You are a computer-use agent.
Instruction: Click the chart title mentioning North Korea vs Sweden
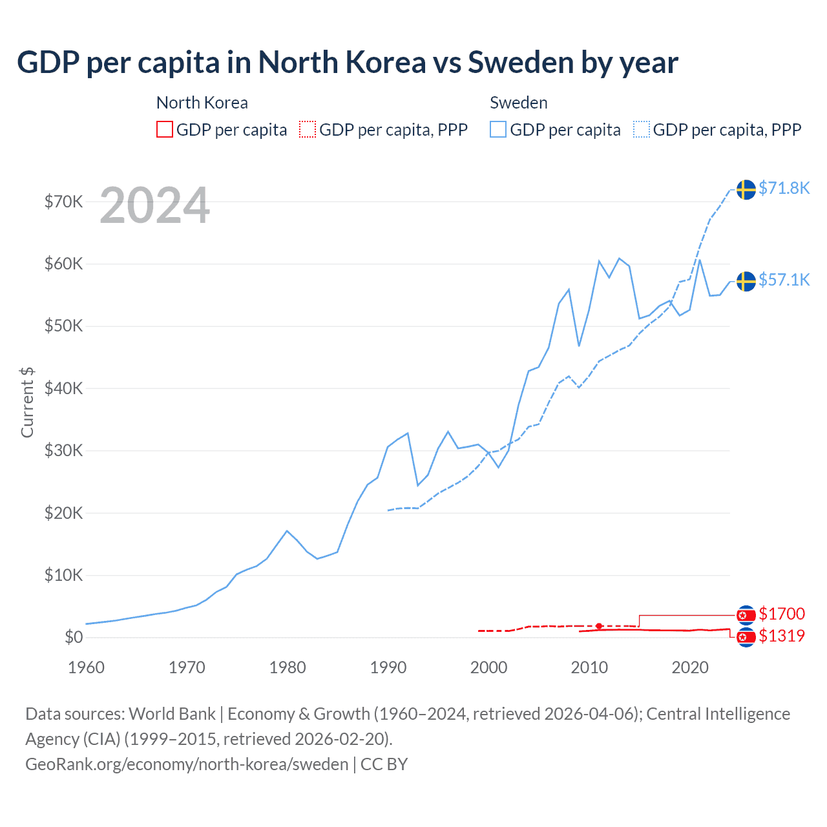(x=348, y=63)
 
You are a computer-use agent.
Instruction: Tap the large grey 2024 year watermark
(x=155, y=205)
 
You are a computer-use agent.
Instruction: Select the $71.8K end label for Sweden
(x=784, y=188)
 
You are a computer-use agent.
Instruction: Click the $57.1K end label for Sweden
(x=784, y=280)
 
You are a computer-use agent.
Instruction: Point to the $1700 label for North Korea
(x=782, y=614)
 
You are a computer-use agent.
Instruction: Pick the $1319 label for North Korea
(x=782, y=636)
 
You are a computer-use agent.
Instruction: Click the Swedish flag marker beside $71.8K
(x=746, y=190)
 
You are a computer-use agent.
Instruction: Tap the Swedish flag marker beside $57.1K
(x=746, y=282)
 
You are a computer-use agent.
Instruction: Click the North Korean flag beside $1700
(x=746, y=615)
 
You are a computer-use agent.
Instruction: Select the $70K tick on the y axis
(x=64, y=202)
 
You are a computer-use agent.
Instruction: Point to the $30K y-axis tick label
(x=64, y=451)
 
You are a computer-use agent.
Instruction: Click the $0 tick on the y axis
(x=74, y=638)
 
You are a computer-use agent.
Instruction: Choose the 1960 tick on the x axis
(x=86, y=667)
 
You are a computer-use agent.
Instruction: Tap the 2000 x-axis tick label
(x=488, y=667)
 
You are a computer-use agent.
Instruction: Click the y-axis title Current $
(x=27, y=402)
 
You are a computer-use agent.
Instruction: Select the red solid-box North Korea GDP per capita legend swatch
(x=165, y=130)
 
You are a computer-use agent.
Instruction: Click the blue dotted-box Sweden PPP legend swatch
(x=642, y=130)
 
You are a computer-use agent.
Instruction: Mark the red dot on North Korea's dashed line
(x=599, y=626)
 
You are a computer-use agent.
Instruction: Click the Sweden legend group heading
(x=519, y=103)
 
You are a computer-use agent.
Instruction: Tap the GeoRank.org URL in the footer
(x=187, y=764)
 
